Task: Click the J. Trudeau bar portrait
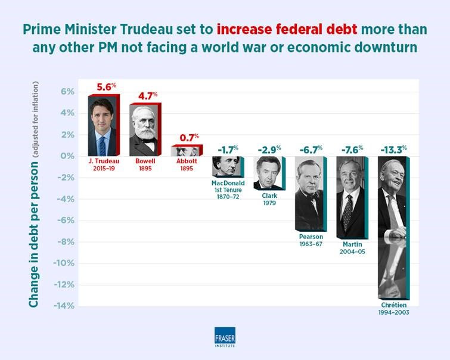pyautogui.click(x=103, y=126)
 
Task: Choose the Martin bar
pyautogui.click(x=352, y=197)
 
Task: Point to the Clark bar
pyautogui.click(x=268, y=172)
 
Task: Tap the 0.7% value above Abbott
pyautogui.click(x=188, y=138)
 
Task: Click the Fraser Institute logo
pyautogui.click(x=225, y=337)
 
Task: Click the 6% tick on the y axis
pyautogui.click(x=67, y=92)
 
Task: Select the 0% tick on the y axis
pyautogui.click(x=67, y=156)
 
